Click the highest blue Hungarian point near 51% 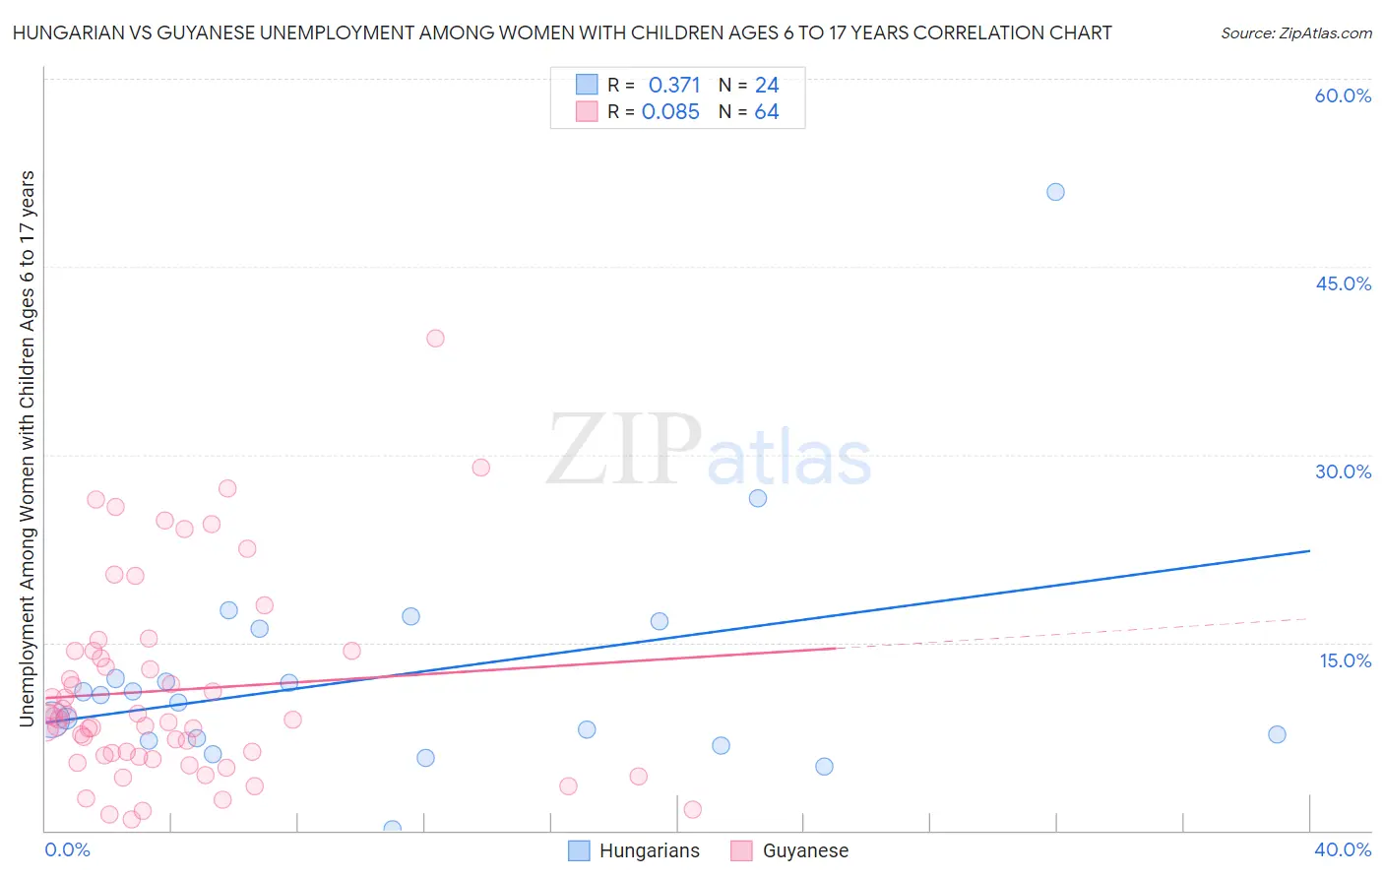(x=1055, y=192)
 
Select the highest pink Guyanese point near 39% (x=435, y=338)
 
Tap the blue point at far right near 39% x (x=1277, y=734)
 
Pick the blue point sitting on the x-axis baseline (x=392, y=829)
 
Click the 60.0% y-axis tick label (x=1343, y=95)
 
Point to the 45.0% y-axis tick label (x=1343, y=283)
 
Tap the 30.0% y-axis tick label (x=1343, y=471)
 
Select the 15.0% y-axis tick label (x=1345, y=660)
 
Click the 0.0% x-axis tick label (x=67, y=849)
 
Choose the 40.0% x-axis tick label (x=1343, y=849)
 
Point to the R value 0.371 (x=674, y=86)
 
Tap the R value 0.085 (x=670, y=112)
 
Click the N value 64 (x=767, y=112)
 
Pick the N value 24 (x=767, y=86)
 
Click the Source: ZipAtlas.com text (x=1295, y=33)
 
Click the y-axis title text (x=27, y=449)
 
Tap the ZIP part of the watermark (x=624, y=451)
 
